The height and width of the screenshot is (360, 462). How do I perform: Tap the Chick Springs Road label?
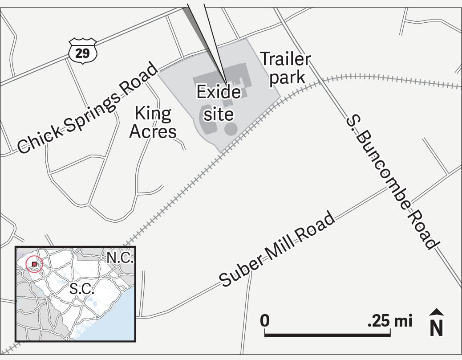[x=87, y=108]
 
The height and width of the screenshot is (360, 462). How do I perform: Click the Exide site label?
[x=219, y=103]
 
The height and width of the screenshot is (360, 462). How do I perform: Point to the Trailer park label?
[x=285, y=68]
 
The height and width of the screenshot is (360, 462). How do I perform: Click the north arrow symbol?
[x=437, y=323]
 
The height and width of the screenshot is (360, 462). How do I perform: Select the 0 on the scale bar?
[x=265, y=320]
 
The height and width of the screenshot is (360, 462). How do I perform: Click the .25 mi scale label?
[x=390, y=320]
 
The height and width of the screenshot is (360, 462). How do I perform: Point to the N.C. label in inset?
[x=120, y=258]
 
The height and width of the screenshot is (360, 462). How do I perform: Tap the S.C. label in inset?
[x=82, y=288]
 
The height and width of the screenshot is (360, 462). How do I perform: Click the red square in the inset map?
[x=34, y=264]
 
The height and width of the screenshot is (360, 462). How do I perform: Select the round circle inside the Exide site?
[x=231, y=129]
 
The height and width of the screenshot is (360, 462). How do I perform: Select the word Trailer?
[x=285, y=59]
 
